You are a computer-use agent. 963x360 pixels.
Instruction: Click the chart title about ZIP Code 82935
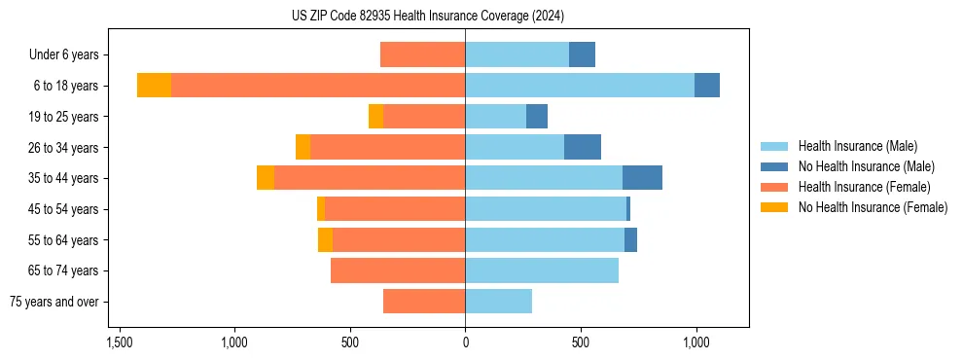pyautogui.click(x=427, y=17)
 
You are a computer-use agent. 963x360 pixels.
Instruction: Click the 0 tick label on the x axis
pyautogui.click(x=465, y=343)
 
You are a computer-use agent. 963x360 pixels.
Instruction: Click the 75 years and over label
pyautogui.click(x=54, y=302)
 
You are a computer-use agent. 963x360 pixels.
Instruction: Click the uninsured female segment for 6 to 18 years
pyautogui.click(x=154, y=86)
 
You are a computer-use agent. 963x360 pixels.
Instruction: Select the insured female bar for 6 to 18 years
pyautogui.click(x=318, y=86)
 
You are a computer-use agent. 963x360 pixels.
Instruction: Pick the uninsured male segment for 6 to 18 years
pyautogui.click(x=707, y=86)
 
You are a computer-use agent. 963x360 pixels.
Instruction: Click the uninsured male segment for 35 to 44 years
pyautogui.click(x=642, y=178)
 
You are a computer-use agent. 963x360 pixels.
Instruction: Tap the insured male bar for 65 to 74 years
pyautogui.click(x=542, y=270)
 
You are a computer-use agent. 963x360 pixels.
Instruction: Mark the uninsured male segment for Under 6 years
pyautogui.click(x=582, y=54)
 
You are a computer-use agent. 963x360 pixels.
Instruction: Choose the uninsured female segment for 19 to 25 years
pyautogui.click(x=375, y=117)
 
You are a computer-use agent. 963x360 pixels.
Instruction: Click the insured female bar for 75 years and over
pyautogui.click(x=424, y=302)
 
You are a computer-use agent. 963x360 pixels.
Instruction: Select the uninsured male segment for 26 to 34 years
pyautogui.click(x=583, y=147)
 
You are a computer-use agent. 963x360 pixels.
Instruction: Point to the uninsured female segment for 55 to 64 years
pyautogui.click(x=325, y=239)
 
